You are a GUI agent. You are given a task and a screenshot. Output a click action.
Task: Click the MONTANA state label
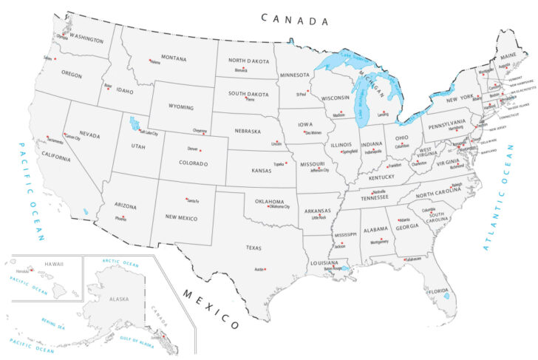coord(174,58)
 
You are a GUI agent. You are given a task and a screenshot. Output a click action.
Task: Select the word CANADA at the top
coord(293,20)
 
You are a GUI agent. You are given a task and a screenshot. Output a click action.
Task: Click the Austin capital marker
coord(265,269)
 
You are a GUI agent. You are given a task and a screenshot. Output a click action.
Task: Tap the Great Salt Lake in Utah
coord(133,122)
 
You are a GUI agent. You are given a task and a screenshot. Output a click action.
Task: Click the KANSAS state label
coord(262,171)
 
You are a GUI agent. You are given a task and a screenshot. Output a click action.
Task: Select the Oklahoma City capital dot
coord(268,206)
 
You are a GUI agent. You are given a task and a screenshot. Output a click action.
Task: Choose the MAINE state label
coord(508,55)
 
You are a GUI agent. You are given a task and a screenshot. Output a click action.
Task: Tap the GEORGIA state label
coord(407,228)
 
